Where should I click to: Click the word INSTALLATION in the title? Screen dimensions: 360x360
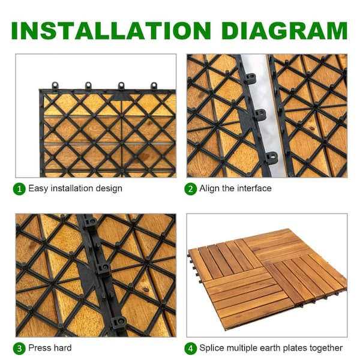111,31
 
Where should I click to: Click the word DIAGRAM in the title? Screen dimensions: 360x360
284,31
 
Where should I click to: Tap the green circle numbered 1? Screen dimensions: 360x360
19,189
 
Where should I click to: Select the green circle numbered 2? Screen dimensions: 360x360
191,189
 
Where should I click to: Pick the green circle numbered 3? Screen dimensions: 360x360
19,349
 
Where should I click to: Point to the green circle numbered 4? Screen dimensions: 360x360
191,349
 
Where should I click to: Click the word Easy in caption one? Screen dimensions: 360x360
38,189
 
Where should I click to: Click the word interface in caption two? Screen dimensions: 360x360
254,188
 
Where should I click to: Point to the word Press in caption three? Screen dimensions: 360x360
39,348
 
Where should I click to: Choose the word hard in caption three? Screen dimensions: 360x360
62,348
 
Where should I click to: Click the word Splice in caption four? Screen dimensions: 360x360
212,348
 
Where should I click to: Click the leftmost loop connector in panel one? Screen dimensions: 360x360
55,86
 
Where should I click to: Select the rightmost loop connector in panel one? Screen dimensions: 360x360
154,86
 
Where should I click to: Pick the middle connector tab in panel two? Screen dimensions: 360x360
260,114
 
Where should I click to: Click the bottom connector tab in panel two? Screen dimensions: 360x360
272,158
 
